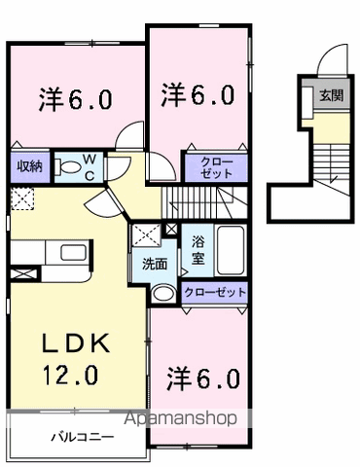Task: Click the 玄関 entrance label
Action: tap(331, 95)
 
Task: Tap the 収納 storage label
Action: tap(27, 165)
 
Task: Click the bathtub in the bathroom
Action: tap(231, 251)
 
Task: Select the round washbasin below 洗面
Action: tap(164, 292)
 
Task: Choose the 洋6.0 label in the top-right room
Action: tap(198, 94)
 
